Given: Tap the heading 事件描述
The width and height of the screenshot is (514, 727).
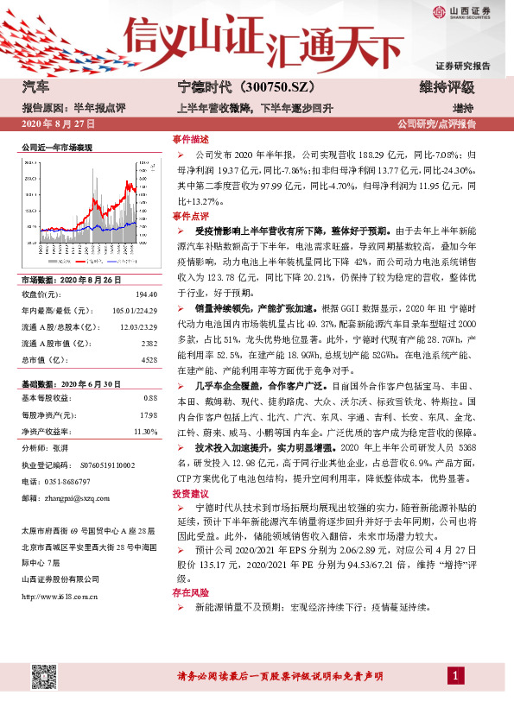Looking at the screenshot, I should click(191, 138).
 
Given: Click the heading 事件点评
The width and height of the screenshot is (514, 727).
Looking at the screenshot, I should click(191, 215).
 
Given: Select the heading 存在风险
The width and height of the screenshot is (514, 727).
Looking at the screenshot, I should click(191, 594).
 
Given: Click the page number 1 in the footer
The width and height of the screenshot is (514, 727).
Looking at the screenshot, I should click(454, 674).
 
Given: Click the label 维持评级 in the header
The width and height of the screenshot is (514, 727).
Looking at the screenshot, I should click(447, 88).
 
